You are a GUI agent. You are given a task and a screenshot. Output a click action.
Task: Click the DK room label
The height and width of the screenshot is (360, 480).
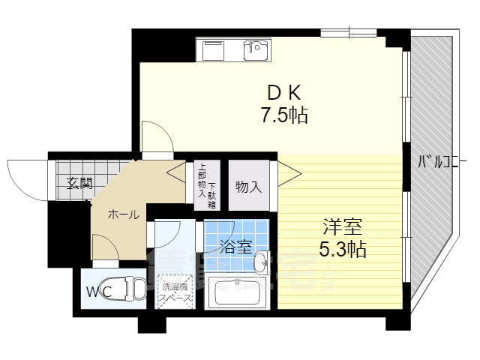(284, 93)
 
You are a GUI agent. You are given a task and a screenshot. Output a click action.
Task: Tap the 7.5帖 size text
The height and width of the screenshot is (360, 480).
(284, 116)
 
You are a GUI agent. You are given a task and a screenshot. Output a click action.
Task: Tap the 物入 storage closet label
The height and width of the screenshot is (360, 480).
(248, 187)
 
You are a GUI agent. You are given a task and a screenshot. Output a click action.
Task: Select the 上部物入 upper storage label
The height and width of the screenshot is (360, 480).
(201, 181)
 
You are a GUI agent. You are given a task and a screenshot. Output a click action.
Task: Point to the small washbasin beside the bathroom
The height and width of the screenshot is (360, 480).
(259, 263)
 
